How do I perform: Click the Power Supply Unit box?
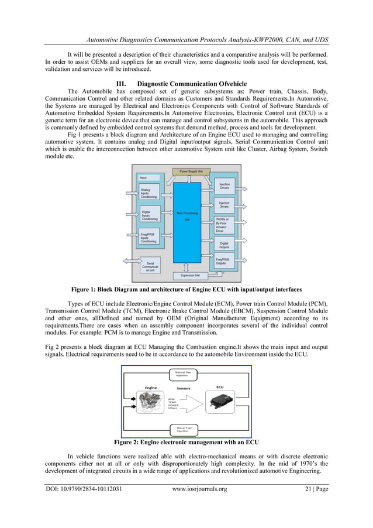[x=191, y=172]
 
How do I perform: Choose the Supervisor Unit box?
[x=190, y=275]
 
